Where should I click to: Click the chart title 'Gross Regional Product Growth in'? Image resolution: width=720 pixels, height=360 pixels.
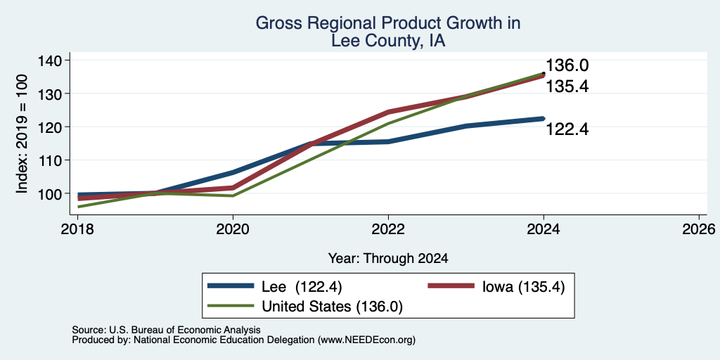388,23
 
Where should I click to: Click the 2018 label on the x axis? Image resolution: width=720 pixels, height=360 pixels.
77,229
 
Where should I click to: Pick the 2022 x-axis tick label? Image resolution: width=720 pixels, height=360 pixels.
388,229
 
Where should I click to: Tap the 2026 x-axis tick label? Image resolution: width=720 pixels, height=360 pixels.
699,229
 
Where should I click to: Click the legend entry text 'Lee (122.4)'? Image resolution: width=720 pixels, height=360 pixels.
302,287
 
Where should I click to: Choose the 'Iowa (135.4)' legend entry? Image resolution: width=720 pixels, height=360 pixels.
523,287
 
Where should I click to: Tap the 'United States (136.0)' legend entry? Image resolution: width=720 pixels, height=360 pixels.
332,307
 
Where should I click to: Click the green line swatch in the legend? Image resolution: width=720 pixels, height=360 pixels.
231,306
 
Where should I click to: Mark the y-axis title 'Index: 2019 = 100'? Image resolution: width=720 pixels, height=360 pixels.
22,134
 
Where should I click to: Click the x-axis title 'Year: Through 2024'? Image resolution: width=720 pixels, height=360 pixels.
388,259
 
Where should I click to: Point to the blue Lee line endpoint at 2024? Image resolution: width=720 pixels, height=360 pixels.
544,118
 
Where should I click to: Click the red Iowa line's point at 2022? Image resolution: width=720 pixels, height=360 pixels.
388,112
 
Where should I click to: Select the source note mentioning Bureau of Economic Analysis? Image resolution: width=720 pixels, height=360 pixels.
166,330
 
